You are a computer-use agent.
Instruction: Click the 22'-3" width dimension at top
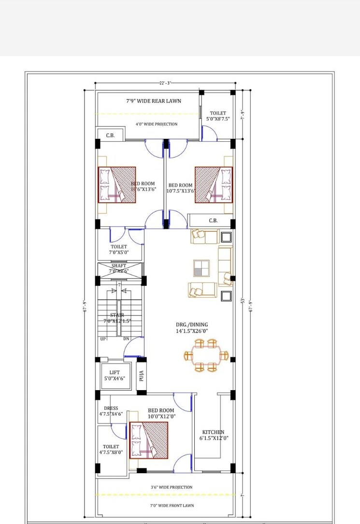point(164,83)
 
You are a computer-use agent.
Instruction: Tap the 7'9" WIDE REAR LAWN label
point(154,101)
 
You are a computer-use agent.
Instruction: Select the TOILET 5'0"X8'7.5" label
point(218,116)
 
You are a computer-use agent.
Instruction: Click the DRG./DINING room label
point(192,328)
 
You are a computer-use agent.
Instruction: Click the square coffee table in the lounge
point(202,268)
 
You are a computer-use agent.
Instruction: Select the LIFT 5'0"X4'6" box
point(115,376)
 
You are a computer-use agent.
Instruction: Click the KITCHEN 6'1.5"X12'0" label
point(213,435)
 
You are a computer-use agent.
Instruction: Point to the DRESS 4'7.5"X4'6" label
point(111,411)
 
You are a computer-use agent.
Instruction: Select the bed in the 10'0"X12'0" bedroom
point(149,440)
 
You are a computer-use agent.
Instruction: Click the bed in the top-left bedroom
point(117,184)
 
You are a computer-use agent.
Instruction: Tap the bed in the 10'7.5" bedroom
point(214,184)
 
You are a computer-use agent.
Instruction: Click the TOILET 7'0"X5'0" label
point(119,249)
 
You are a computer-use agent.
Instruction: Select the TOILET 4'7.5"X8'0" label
point(111,450)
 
